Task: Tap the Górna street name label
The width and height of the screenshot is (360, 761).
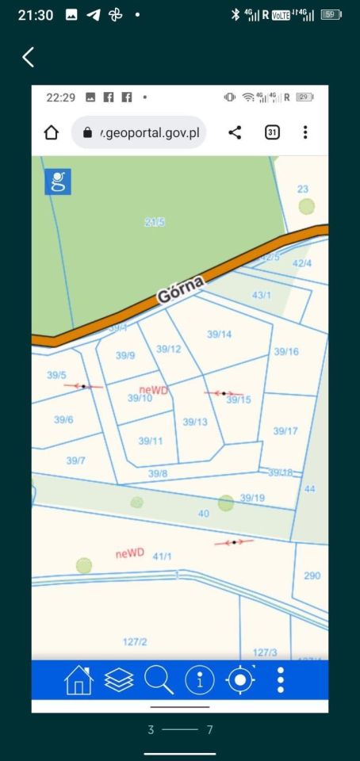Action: [181, 289]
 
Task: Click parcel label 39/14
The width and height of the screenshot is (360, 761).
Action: [219, 335]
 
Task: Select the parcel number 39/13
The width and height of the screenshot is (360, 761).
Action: [195, 422]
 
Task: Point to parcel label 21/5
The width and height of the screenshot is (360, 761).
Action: [155, 223]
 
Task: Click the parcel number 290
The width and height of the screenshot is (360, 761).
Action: [312, 576]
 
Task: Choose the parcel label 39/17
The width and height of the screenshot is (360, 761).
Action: [285, 431]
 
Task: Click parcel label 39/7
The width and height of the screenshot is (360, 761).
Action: [76, 461]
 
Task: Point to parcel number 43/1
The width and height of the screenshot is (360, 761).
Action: [262, 295]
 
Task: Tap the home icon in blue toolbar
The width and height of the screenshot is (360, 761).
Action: [79, 680]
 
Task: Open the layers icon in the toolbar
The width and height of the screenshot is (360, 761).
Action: [119, 680]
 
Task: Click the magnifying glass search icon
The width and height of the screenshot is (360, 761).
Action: [159, 680]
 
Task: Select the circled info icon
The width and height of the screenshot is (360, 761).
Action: [200, 680]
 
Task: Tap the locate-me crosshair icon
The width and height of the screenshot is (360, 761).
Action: [241, 680]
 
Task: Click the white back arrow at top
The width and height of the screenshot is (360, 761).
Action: [29, 57]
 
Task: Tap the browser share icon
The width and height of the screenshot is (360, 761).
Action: [235, 132]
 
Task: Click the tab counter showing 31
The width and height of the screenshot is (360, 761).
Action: [272, 132]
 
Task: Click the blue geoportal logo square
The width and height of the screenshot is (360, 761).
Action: [58, 182]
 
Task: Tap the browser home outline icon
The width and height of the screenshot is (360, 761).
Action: [52, 132]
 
